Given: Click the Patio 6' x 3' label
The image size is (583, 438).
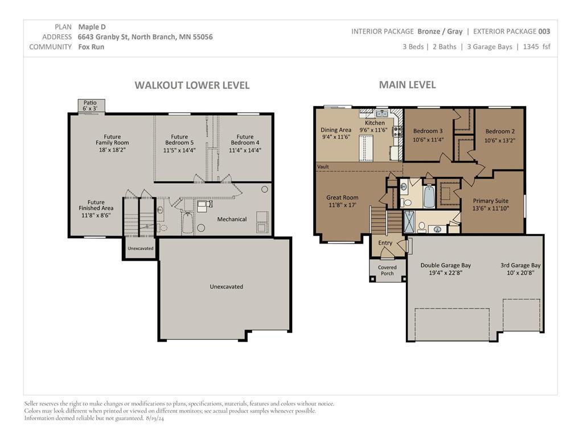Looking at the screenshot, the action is [x=90, y=106].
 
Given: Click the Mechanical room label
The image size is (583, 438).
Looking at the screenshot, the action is [x=232, y=220].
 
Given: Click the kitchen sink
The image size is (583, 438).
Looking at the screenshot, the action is [x=382, y=113].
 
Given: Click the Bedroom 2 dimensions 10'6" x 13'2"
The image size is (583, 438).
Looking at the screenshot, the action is [x=500, y=140].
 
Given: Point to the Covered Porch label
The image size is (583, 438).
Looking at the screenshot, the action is [x=387, y=270].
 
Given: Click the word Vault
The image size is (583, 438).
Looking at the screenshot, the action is [x=323, y=167].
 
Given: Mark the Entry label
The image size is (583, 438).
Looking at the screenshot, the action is [x=385, y=243].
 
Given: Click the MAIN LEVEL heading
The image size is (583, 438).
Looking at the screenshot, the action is [x=408, y=85].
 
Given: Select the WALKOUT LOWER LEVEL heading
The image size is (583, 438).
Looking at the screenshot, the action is [x=192, y=86].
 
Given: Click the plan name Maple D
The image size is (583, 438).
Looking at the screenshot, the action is [x=92, y=27].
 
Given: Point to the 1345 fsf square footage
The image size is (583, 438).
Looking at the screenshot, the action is [x=536, y=47].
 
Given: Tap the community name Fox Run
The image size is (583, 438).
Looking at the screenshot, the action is [x=91, y=47].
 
